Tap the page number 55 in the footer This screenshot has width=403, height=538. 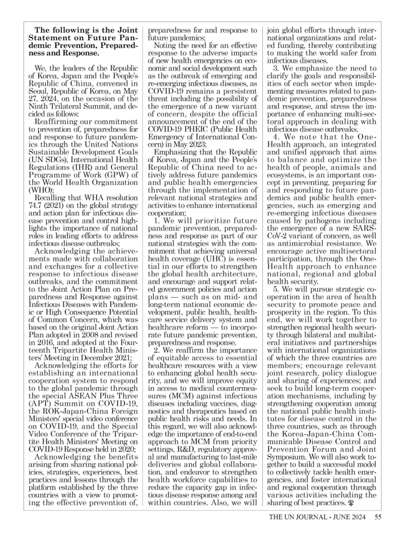click(x=378, y=518)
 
